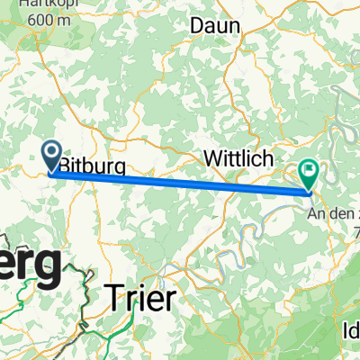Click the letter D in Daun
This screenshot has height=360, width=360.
tap(197, 26)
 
